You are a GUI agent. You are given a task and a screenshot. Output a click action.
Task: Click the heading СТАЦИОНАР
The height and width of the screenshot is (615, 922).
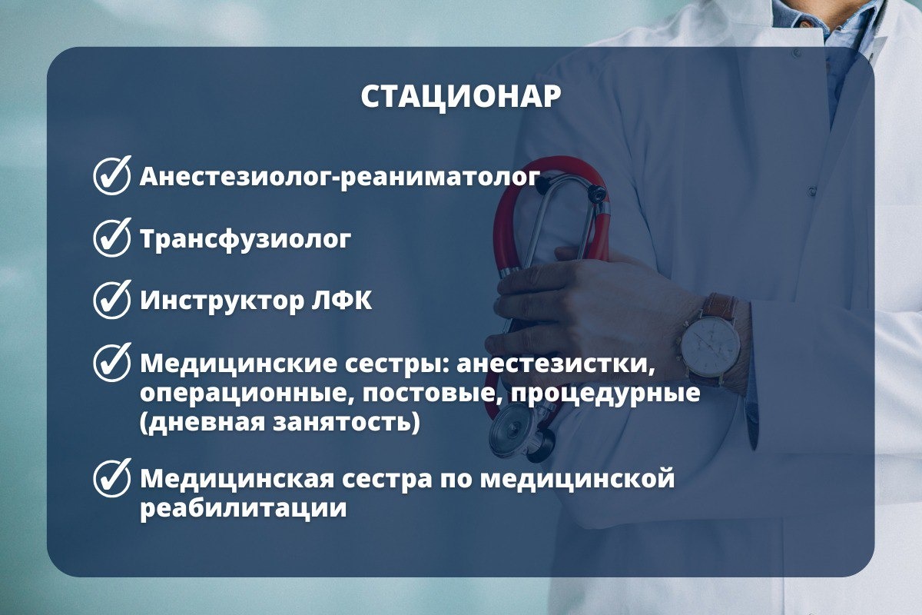pyautogui.click(x=461, y=97)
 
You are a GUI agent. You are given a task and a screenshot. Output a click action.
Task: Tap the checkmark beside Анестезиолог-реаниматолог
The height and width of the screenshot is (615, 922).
pyautogui.click(x=112, y=175)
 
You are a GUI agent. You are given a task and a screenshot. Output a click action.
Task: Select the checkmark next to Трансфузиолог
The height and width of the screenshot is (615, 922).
pyautogui.click(x=112, y=238)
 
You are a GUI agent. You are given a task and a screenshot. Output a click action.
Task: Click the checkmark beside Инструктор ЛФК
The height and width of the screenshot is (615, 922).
pyautogui.click(x=112, y=300)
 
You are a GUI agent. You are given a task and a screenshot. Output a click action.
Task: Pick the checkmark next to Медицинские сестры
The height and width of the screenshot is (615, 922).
pyautogui.click(x=112, y=363)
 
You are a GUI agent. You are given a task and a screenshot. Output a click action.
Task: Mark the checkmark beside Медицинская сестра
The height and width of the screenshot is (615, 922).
pyautogui.click(x=112, y=478)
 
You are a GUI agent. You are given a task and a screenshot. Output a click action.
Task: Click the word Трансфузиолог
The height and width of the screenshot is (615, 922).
pyautogui.click(x=246, y=239)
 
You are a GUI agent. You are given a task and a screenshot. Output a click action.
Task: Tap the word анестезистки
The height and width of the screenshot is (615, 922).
pyautogui.click(x=556, y=364)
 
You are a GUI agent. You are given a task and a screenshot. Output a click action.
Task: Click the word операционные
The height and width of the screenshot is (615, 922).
pyautogui.click(x=246, y=394)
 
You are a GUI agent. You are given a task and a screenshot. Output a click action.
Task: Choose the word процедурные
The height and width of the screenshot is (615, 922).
pyautogui.click(x=605, y=394)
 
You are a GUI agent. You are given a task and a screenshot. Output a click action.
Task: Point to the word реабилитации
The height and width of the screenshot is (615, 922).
pyautogui.click(x=244, y=509)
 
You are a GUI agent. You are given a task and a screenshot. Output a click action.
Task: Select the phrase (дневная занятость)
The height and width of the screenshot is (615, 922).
pyautogui.click(x=280, y=423)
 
